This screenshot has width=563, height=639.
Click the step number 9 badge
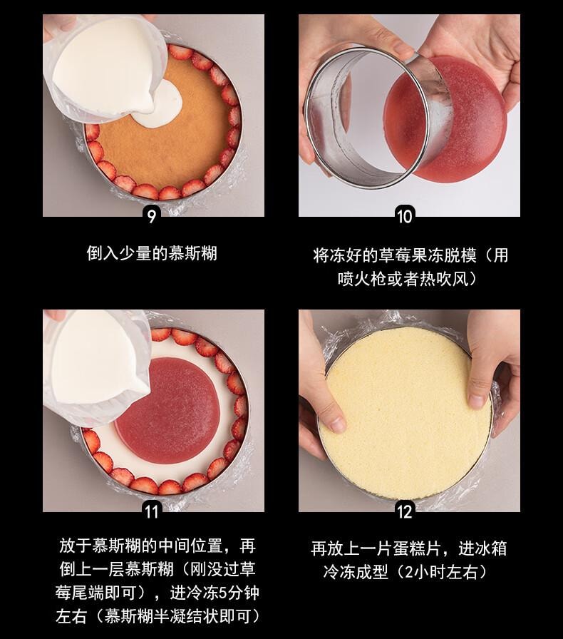pos(151,215)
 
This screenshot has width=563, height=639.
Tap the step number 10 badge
pos(404,215)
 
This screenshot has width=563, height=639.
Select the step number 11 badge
pos(151,511)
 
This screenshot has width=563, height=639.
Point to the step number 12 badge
pos(404,511)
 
